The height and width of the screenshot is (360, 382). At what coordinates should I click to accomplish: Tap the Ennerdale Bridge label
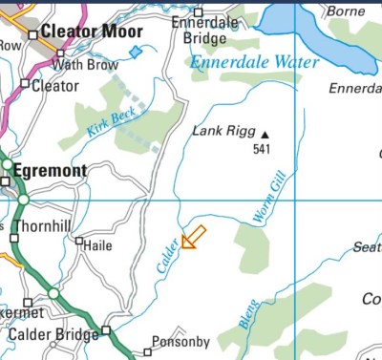[200, 32]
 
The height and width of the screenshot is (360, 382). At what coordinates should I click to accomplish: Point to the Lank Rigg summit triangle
[265, 134]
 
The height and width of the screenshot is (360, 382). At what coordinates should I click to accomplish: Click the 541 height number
[263, 150]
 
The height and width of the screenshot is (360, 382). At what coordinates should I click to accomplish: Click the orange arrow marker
[194, 236]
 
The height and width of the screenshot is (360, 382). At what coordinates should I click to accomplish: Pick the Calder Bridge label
[52, 334]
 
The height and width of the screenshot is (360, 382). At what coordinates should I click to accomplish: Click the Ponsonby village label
[180, 342]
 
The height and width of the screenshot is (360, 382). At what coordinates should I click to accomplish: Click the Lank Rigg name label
[223, 132]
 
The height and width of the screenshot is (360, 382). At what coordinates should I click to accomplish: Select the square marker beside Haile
[79, 242]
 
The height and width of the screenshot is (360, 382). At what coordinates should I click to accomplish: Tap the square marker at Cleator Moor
[32, 34]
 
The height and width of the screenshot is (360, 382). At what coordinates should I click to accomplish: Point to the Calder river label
[166, 256]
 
